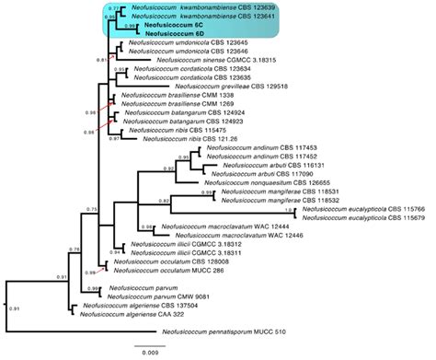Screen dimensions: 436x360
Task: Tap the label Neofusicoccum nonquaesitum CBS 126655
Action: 281,181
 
